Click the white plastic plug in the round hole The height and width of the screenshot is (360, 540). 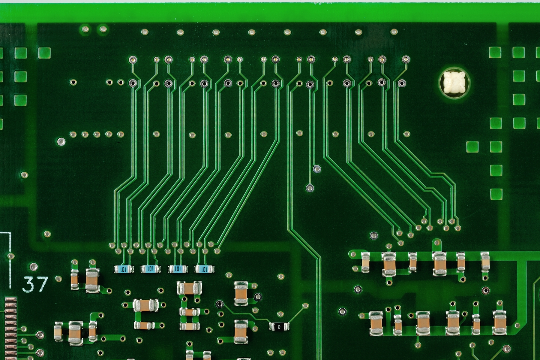pos(454,82)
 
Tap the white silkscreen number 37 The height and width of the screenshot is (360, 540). pos(35,284)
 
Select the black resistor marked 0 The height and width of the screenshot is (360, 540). pos(279,326)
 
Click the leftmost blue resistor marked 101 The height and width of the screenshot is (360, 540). pos(124,269)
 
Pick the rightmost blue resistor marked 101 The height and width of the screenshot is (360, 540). pos(205,269)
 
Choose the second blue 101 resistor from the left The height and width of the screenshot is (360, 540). pos(150,269)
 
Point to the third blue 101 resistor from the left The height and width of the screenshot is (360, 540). pos(178,269)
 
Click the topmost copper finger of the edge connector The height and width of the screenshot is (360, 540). pos(11,300)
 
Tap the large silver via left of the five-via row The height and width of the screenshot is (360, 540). pos(61,141)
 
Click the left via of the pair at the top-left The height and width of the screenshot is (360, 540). pos(85,29)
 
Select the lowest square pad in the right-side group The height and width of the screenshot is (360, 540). pos(496,194)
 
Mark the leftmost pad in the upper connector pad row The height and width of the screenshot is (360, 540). pos(133,60)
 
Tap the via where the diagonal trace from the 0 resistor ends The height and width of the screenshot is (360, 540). pos(305,306)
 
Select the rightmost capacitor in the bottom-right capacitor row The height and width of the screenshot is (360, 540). pos(499,323)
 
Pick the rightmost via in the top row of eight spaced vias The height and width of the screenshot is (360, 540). pos(394,32)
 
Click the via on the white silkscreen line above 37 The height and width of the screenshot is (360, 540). pos(11,256)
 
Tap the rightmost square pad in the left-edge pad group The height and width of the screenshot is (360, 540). pos(44,53)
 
